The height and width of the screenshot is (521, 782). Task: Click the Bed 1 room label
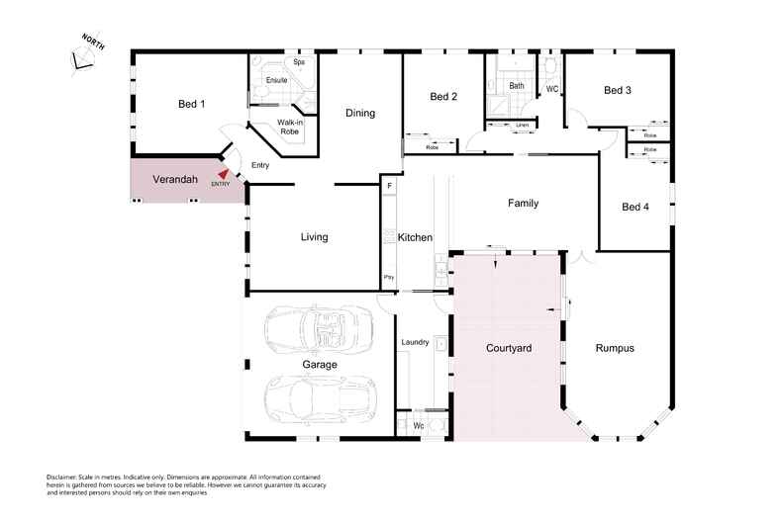(x=191, y=104)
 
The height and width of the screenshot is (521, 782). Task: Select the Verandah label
(x=175, y=180)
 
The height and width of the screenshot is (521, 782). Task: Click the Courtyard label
(x=510, y=349)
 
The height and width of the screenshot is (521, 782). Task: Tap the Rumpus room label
(x=614, y=349)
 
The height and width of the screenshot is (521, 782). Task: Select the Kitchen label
(x=415, y=238)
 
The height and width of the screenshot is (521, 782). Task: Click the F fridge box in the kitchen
(x=390, y=186)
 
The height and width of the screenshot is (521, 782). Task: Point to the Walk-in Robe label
(x=289, y=126)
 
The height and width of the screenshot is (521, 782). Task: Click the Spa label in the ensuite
(x=298, y=62)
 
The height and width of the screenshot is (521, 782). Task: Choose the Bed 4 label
(x=635, y=207)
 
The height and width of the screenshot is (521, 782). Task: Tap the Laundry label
(x=414, y=343)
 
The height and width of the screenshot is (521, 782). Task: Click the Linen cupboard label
(x=522, y=126)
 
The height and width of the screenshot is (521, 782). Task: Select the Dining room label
(x=360, y=113)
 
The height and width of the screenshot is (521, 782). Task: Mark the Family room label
(x=523, y=204)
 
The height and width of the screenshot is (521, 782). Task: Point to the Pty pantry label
(x=389, y=278)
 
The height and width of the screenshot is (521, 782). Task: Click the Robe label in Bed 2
(x=433, y=147)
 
